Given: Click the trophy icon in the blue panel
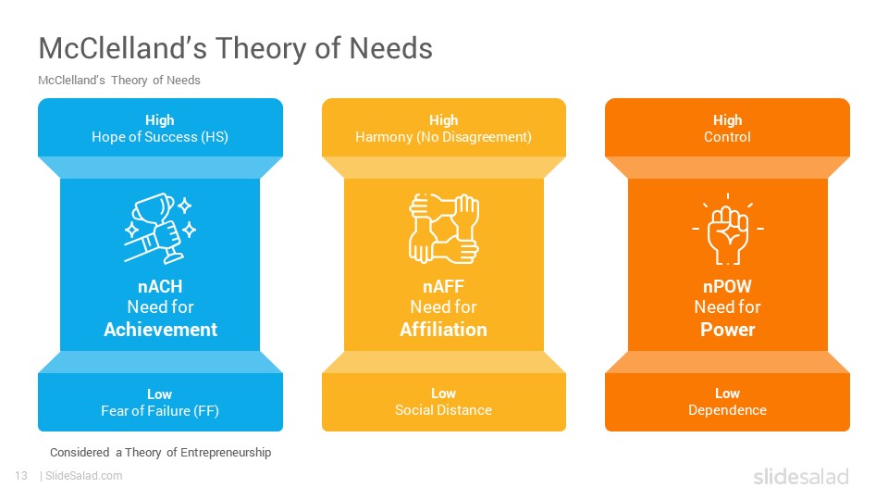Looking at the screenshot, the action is pos(160,229).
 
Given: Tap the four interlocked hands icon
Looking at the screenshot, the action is pos(444,229).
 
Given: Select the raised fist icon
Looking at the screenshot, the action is pos(728,230).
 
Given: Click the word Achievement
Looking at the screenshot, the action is pos(160,330).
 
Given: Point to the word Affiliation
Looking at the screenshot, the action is pos(443,330).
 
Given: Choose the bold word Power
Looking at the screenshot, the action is pos(728,330).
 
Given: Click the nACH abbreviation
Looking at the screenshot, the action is pos(160,286).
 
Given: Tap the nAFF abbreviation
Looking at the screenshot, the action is pos(443,286).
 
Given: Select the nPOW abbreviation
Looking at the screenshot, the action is pos(728,286).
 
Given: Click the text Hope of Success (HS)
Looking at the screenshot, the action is pos(160,137).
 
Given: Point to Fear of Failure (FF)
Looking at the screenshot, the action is pos(160,411).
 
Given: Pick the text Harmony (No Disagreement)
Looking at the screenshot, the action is pos(443,137).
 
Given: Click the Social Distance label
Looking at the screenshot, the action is pos(443,410).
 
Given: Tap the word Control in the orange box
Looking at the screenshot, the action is pos(727,137).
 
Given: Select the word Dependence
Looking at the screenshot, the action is pos(727,410).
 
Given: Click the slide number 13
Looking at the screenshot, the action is pos(21,476).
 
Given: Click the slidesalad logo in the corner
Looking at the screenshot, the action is pos(801,476).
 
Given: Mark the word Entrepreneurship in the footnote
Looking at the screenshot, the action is pos(226,453).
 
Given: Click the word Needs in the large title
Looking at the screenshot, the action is pos(390,48).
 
